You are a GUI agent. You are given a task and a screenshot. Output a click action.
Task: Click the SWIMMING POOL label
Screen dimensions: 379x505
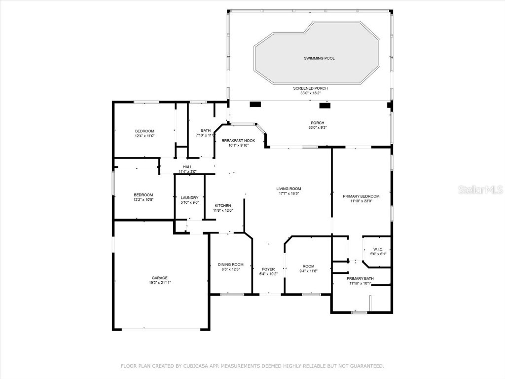(x=319, y=58)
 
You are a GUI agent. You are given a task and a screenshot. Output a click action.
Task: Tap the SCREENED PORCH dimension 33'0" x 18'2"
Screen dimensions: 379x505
(x=310, y=93)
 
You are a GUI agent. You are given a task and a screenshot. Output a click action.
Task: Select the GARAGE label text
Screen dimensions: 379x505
(x=159, y=278)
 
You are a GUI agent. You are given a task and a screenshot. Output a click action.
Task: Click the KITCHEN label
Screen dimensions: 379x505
(x=222, y=206)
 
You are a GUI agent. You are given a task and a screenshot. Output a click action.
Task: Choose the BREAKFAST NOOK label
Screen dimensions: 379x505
(x=238, y=141)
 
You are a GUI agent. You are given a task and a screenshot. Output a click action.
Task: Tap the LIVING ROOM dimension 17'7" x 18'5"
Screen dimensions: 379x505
(x=289, y=193)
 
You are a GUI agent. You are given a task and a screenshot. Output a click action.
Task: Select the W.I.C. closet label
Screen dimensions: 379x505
(x=378, y=249)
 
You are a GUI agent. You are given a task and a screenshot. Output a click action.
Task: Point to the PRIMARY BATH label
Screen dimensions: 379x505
(x=361, y=278)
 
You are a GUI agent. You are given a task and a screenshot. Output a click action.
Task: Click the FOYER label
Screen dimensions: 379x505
(x=268, y=269)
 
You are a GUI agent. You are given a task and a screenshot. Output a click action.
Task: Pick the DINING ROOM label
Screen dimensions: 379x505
(x=231, y=265)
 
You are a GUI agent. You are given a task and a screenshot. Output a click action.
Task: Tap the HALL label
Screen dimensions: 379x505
(x=187, y=167)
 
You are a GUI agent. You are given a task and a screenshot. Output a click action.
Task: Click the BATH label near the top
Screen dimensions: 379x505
(x=206, y=130)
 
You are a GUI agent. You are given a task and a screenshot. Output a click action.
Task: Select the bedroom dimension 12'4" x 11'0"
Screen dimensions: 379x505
(x=144, y=136)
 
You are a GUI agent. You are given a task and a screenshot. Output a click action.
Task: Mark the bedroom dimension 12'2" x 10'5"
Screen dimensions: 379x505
(x=144, y=199)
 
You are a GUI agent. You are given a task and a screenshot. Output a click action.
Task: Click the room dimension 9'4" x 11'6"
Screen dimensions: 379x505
(x=308, y=271)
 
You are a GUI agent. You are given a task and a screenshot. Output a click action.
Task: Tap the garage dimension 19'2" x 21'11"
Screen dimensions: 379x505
(x=160, y=283)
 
